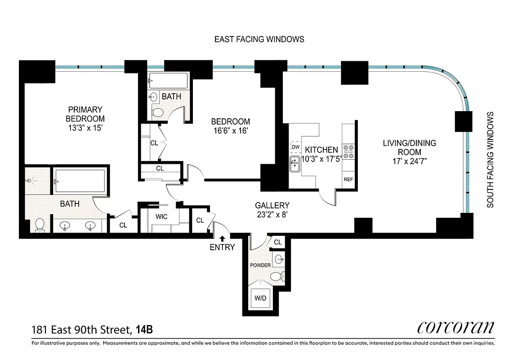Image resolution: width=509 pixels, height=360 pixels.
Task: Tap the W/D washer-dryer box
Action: (260, 298)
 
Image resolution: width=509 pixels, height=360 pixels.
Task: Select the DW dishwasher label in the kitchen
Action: (295, 147)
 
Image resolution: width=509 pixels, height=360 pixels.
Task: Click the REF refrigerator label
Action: (348, 179)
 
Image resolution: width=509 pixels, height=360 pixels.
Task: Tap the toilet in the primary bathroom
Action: (40, 225)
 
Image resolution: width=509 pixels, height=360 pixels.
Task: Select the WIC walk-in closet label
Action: (161, 217)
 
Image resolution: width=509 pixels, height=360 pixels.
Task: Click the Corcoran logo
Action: (455, 327)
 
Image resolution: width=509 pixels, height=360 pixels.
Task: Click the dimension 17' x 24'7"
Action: (409, 162)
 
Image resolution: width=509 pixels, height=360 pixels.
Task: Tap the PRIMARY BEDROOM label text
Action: (85, 114)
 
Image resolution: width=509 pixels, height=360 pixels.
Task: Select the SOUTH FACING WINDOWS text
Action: (491, 160)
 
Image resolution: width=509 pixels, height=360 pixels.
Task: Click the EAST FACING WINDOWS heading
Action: (259, 39)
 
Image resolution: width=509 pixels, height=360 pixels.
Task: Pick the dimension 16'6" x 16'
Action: (230, 130)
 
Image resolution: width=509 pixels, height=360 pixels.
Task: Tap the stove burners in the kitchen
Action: (348, 151)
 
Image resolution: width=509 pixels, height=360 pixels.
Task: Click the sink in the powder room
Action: (279, 259)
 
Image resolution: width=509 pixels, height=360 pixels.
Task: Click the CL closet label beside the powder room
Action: (277, 242)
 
